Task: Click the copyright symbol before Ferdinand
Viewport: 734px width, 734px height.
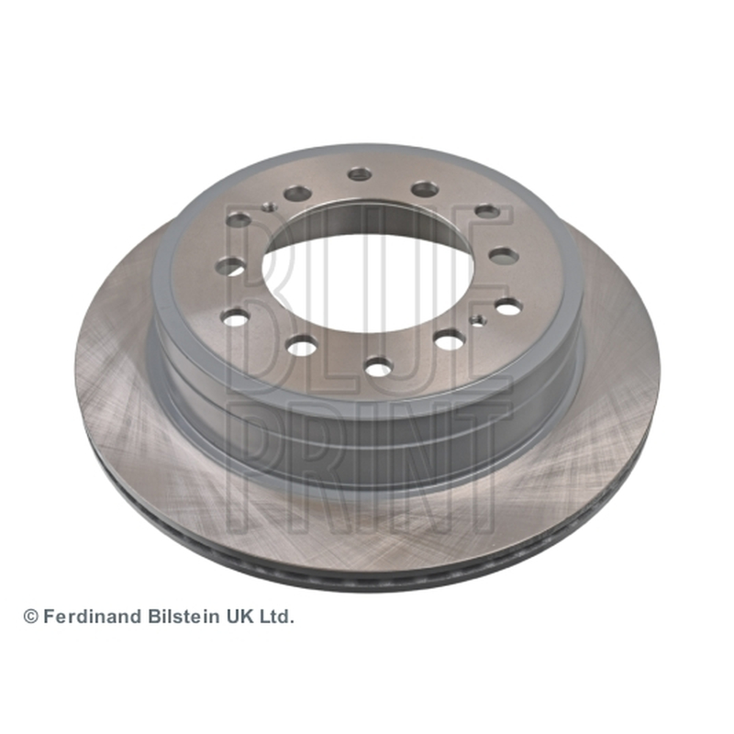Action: [x=31, y=617]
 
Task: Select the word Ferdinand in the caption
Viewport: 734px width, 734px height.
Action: [x=93, y=617]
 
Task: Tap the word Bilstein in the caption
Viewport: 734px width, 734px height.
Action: [x=183, y=617]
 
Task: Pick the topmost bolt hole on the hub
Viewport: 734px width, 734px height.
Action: [x=360, y=174]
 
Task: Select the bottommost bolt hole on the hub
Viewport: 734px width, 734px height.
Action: [x=379, y=366]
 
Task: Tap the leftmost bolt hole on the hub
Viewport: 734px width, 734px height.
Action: [x=228, y=266]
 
